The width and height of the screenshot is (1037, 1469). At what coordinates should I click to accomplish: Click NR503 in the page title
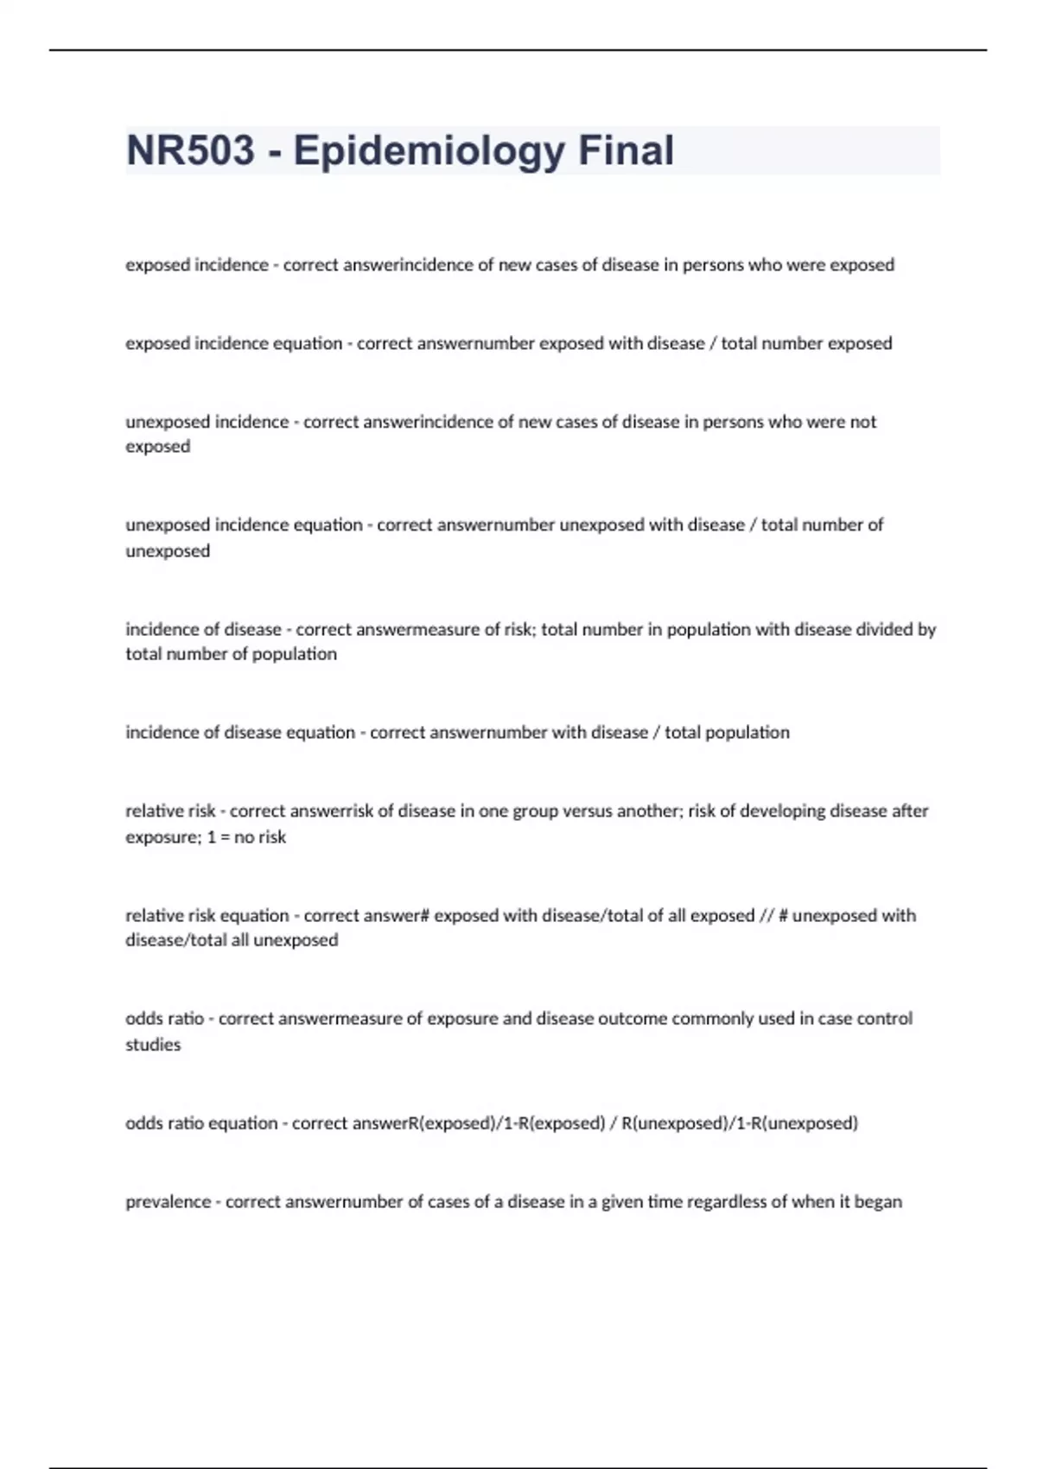pyautogui.click(x=191, y=150)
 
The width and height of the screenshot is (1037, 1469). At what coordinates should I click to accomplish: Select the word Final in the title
pyautogui.click(x=626, y=150)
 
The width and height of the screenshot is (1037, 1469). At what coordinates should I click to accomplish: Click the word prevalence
pyautogui.click(x=168, y=1202)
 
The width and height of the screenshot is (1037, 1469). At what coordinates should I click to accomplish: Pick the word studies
pyautogui.click(x=153, y=1045)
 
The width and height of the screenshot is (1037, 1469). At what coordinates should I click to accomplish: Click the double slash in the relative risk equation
pyautogui.click(x=767, y=916)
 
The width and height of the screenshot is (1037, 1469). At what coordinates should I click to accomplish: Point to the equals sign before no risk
pyautogui.click(x=225, y=837)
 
